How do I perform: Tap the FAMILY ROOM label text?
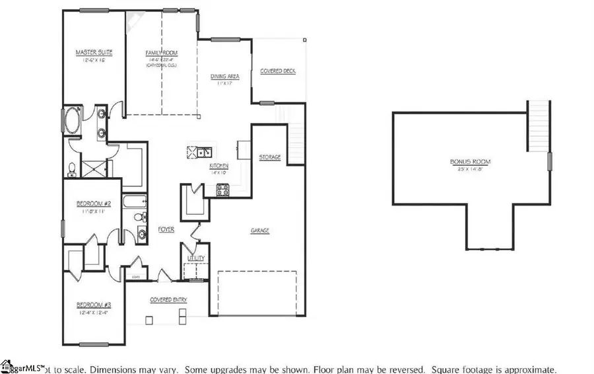tap(161, 54)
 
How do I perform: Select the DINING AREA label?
tap(224, 77)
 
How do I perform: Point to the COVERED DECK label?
tap(278, 71)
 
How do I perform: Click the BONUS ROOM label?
tap(470, 161)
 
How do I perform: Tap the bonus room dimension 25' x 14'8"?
tap(470, 168)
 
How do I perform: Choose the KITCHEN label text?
tap(218, 165)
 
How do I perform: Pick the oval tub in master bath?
tap(71, 122)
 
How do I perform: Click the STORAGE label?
tap(269, 157)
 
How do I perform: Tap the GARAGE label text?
tap(259, 231)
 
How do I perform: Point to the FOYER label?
tap(166, 230)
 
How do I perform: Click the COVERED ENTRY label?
tap(168, 299)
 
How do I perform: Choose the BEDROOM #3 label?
tap(92, 305)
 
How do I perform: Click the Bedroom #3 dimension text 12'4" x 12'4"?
tap(92, 313)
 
